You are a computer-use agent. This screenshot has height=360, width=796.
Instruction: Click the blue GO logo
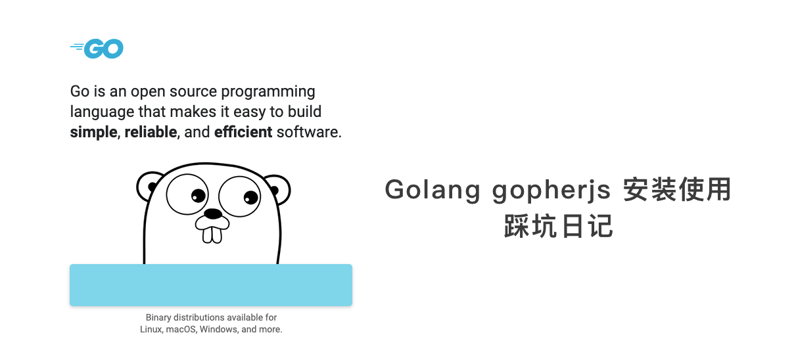click(97, 49)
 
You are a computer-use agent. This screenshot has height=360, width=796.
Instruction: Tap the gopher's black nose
click(212, 214)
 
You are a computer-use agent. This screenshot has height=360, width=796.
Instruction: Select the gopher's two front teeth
click(212, 235)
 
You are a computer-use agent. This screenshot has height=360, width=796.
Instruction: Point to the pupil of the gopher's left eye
click(198, 195)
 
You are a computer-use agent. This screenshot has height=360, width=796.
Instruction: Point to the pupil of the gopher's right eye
click(250, 197)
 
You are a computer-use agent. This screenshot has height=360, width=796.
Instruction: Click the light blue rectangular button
click(211, 285)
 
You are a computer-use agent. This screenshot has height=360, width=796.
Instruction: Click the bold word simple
click(93, 133)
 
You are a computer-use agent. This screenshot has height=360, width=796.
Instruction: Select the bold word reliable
click(151, 132)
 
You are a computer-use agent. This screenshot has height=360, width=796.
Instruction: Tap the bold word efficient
click(243, 132)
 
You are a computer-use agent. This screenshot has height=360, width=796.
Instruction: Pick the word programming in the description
click(268, 92)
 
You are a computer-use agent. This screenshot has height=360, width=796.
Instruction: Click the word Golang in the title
click(433, 191)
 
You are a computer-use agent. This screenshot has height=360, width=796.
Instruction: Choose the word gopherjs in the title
click(551, 191)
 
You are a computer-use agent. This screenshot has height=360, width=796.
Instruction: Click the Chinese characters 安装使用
click(677, 189)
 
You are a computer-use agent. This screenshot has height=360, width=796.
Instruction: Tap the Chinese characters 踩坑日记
click(558, 226)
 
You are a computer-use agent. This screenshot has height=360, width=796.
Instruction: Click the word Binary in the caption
click(158, 317)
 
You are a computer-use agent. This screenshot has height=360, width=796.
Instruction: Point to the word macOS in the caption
click(181, 329)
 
